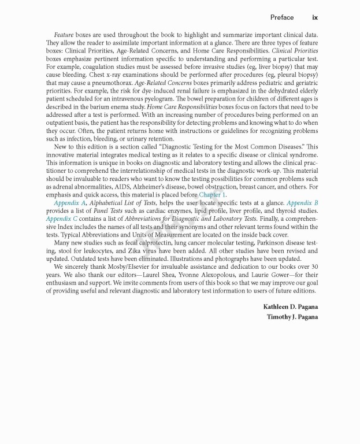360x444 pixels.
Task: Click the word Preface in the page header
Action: pos(281,17)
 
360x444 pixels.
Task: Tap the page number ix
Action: pos(315,17)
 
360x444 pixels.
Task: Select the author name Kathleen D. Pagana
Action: pos(291,306)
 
